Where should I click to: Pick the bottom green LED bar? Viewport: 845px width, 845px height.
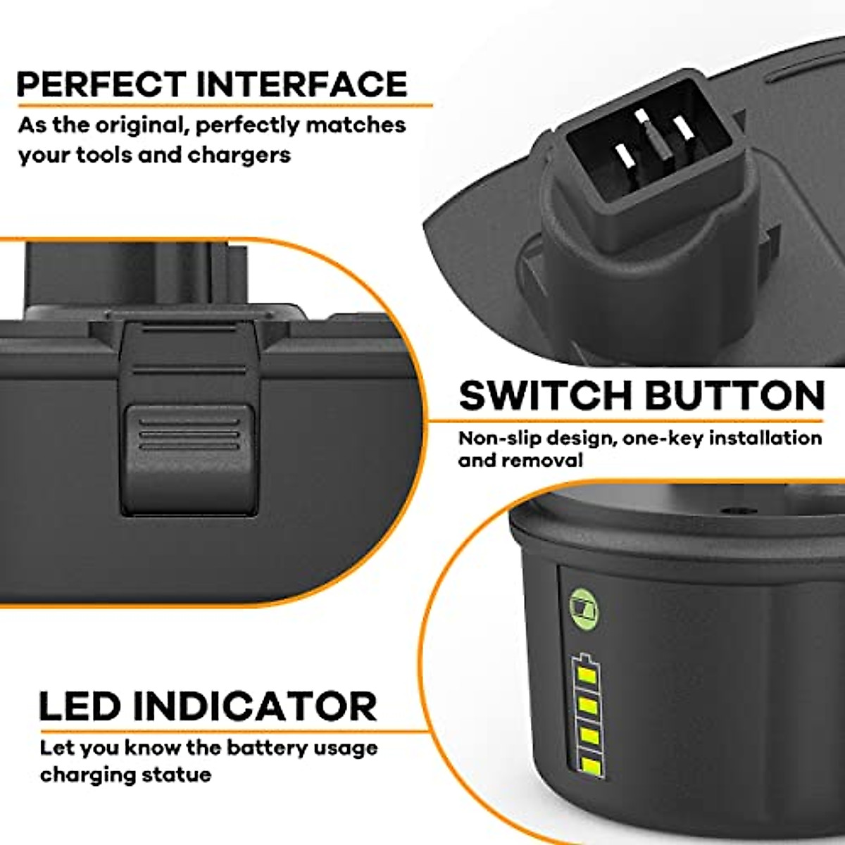588,766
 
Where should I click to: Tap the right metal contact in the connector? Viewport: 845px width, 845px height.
680,128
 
